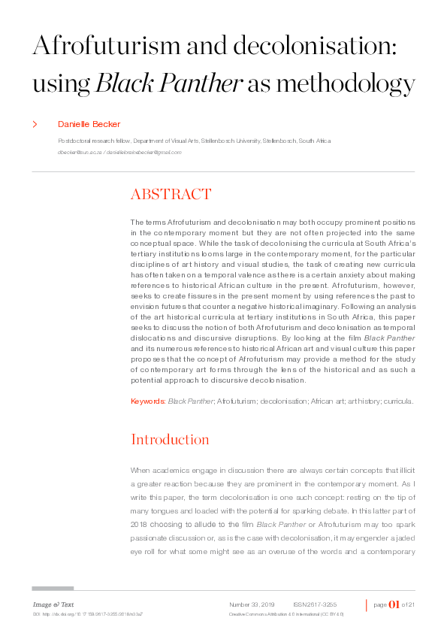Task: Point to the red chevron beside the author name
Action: (x=35, y=124)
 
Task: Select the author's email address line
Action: (x=119, y=153)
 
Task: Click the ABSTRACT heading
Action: (x=171, y=195)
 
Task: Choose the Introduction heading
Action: (x=170, y=439)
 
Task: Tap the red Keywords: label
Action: (x=148, y=401)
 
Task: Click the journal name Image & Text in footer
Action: (x=53, y=604)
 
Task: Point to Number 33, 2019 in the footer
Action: (x=252, y=604)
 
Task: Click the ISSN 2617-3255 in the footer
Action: (x=315, y=604)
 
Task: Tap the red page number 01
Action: (x=394, y=604)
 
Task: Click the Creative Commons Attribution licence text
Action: (x=286, y=614)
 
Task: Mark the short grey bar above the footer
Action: (x=53, y=589)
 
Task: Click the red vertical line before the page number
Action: (x=367, y=605)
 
